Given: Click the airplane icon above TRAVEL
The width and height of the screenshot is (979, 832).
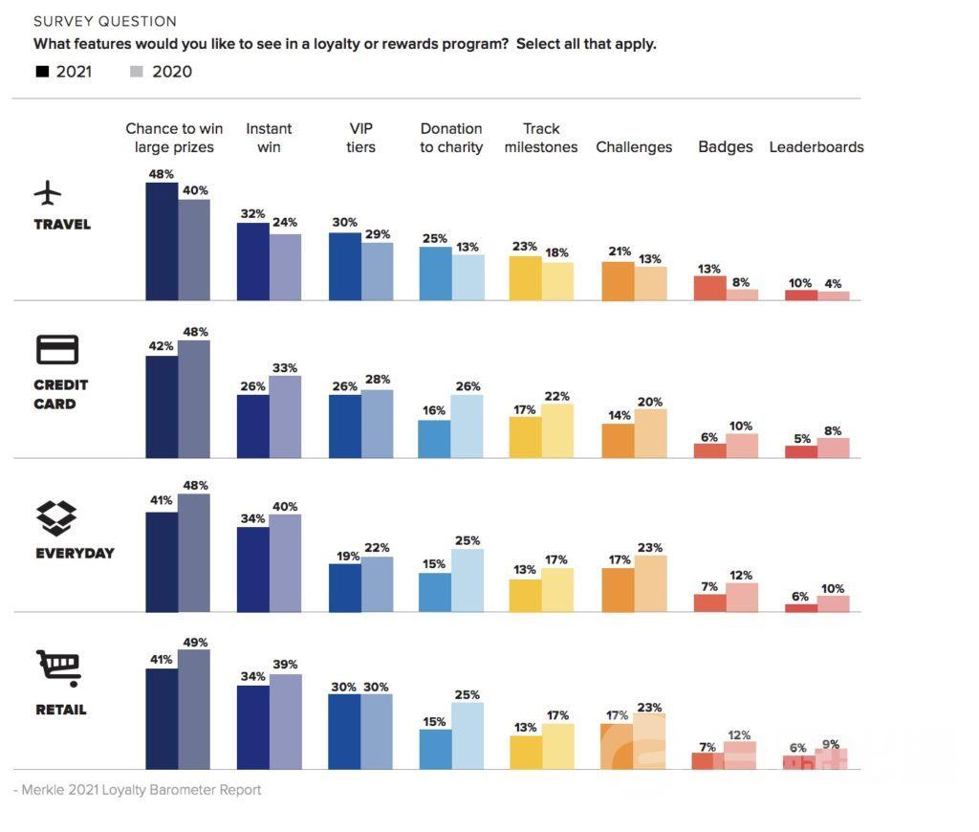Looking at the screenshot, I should pos(47,193).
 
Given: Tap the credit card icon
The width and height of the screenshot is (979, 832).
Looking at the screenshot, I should pos(56,350).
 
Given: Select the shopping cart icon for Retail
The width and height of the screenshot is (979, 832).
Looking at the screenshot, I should pos(58,668).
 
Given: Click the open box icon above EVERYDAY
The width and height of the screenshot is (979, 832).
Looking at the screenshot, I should pos(56,517).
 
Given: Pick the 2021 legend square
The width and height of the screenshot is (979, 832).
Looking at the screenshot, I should pos(42,72).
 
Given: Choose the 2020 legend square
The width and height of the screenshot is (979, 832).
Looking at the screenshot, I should pos(136,72).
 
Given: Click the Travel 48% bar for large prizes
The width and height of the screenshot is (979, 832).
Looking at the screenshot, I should pos(162,241).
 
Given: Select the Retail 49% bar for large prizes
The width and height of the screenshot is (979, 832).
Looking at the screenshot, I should pos(194,709).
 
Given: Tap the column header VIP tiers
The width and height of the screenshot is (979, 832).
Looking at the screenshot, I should pos(361,138).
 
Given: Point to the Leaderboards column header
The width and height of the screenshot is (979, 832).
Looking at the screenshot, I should pos(816,147).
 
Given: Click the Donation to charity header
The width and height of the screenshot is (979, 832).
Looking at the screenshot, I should pos(451,138).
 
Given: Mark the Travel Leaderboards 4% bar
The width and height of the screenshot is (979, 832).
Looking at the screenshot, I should pos(834,296).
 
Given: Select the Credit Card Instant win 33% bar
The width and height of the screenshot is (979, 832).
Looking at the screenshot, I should pos(285,416).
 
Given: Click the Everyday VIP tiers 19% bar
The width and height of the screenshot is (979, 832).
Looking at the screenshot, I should pos(345,587).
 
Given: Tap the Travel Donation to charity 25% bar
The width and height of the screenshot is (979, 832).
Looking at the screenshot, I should pos(436,274).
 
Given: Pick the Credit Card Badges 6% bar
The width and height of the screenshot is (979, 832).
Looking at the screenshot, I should pos(709,450).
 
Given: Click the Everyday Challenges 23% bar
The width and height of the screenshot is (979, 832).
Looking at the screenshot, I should pos(650,583).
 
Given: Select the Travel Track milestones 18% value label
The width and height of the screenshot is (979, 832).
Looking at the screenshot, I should pos(557,252).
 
